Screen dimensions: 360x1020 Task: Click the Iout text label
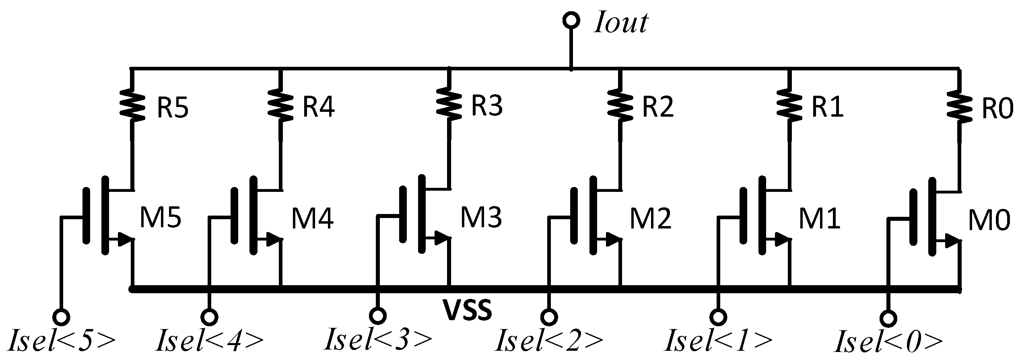click(x=620, y=23)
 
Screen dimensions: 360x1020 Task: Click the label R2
click(x=657, y=107)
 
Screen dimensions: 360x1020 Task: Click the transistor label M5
click(x=160, y=219)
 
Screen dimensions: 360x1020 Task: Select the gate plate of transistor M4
click(x=234, y=216)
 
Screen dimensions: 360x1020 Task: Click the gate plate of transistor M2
click(x=574, y=216)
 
